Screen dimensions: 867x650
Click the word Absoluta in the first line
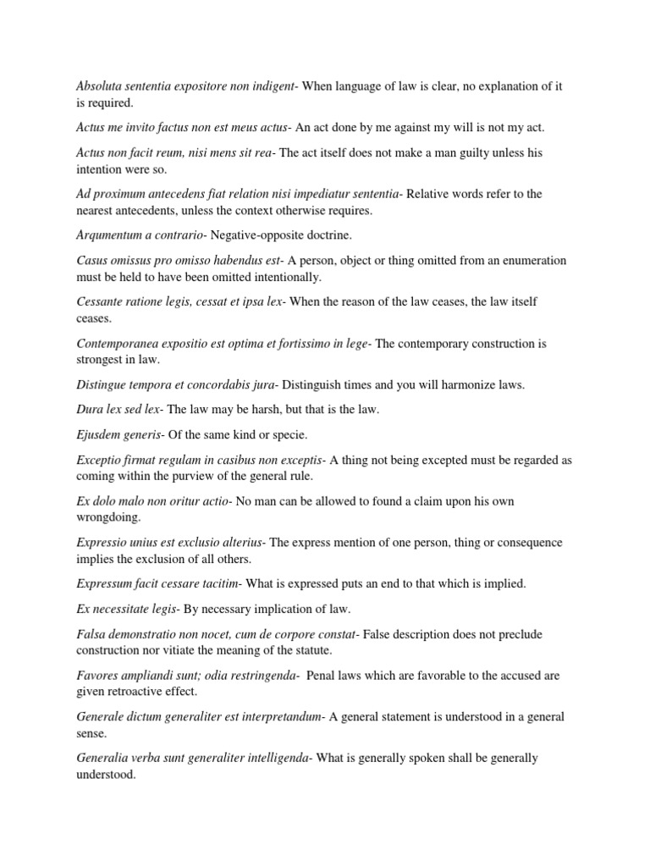tap(100, 86)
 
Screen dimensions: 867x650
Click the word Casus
tap(92, 260)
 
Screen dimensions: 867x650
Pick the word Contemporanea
tap(118, 343)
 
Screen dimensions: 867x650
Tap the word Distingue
tap(102, 384)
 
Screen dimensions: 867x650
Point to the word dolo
tap(107, 501)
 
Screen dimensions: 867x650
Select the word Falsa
tap(91, 634)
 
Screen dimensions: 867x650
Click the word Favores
tap(99, 676)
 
